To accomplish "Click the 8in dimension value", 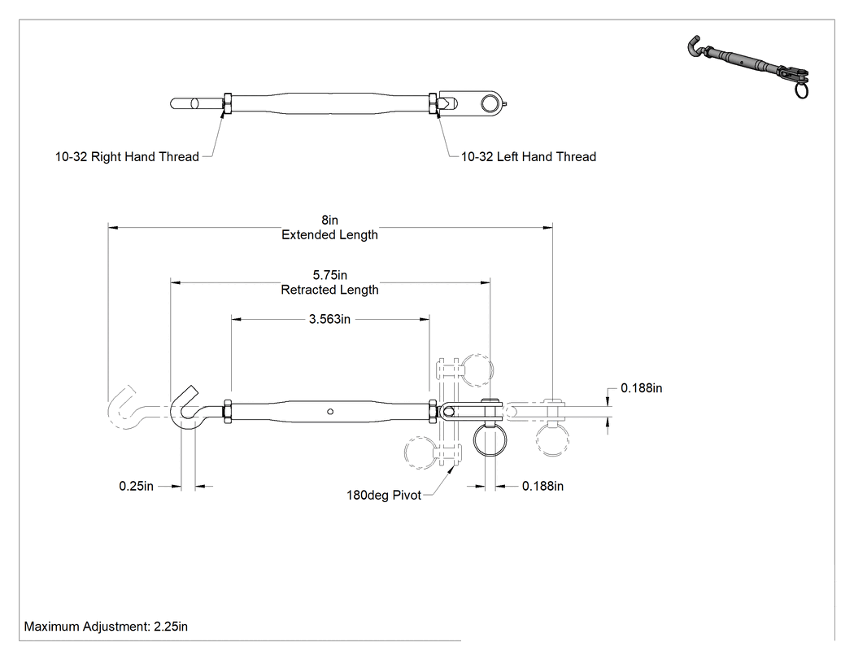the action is click(329, 221).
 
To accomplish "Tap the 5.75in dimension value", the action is click(329, 275).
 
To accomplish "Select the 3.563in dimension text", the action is click(329, 319).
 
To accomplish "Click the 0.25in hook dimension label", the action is click(136, 486).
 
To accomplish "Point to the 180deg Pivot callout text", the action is click(384, 496).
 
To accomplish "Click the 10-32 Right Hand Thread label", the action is click(127, 157).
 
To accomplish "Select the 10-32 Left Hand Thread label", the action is click(529, 157).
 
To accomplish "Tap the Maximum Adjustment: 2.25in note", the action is click(106, 627).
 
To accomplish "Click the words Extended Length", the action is click(329, 235).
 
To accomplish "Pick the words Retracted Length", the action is click(329, 290).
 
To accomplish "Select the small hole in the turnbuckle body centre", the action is click(330, 412).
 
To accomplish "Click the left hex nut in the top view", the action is click(228, 103).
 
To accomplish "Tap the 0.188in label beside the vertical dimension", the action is click(642, 388).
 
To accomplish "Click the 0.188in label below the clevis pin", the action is click(542, 486).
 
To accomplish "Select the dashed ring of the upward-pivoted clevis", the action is click(477, 370).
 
